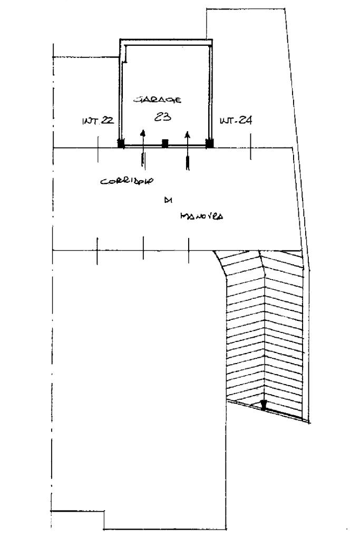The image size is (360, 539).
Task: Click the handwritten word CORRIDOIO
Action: pyautogui.click(x=127, y=182)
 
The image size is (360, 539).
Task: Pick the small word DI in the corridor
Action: pyautogui.click(x=169, y=200)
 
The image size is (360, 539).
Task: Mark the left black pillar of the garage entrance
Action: pyautogui.click(x=121, y=143)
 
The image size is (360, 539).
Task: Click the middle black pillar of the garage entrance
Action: pyautogui.click(x=165, y=142)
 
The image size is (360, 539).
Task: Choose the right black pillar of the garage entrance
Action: pyautogui.click(x=209, y=142)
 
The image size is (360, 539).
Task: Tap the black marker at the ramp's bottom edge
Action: pyautogui.click(x=264, y=405)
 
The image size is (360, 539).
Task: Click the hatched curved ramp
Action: pyautogui.click(x=264, y=327)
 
